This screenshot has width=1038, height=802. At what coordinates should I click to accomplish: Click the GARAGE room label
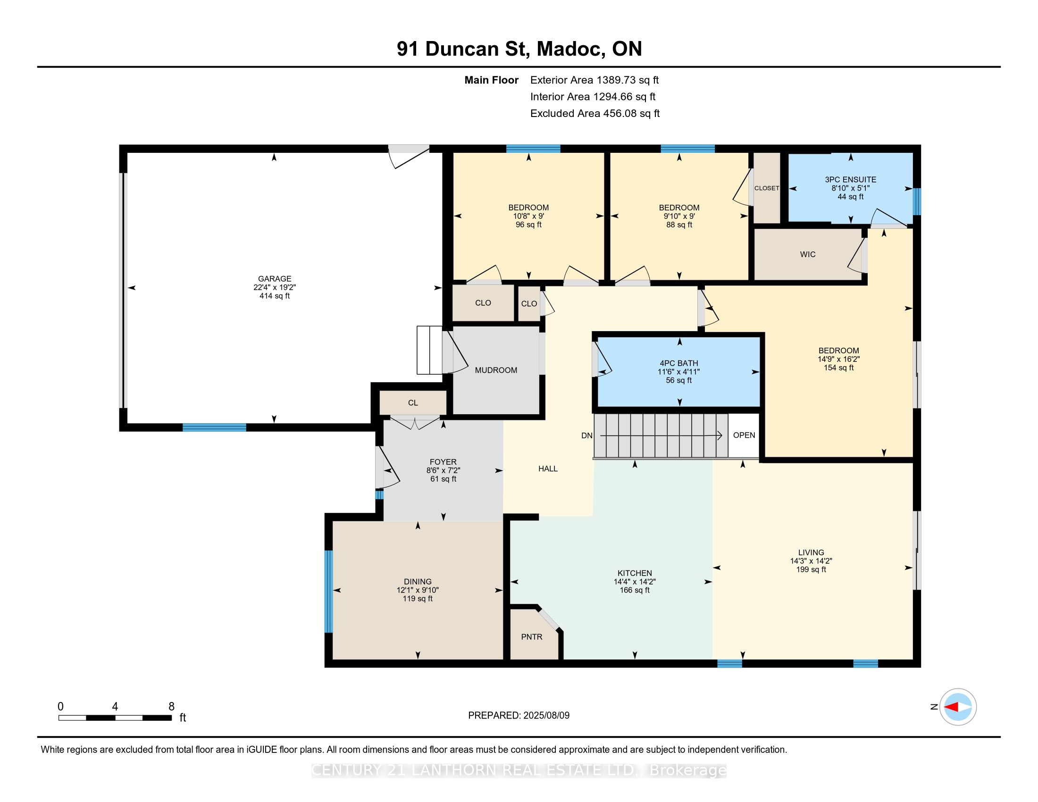(x=275, y=279)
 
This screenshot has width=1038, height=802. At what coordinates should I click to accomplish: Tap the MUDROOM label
(x=496, y=370)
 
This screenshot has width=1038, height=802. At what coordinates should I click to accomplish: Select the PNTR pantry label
(x=531, y=637)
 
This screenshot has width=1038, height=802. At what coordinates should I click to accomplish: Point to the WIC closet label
(x=807, y=254)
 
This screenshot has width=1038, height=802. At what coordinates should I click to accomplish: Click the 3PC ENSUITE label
(x=851, y=180)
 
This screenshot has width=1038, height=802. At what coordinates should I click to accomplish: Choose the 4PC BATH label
(x=679, y=363)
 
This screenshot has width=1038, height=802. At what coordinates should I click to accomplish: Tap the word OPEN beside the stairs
(x=744, y=435)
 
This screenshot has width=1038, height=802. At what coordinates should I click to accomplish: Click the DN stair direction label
(x=587, y=435)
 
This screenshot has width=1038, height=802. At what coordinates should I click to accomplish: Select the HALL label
(x=548, y=468)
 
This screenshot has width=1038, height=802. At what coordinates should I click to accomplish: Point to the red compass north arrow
(x=952, y=707)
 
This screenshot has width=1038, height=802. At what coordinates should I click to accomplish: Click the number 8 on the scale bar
(x=172, y=707)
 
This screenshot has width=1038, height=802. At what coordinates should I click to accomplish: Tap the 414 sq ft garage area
(x=275, y=296)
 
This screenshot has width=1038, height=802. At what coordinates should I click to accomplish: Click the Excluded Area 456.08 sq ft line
(x=595, y=114)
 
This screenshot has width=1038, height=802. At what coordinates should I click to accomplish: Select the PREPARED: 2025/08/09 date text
(x=519, y=716)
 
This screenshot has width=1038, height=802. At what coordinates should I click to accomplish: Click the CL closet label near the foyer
(x=413, y=403)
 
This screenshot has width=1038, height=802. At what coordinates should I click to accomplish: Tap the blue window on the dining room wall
(x=328, y=592)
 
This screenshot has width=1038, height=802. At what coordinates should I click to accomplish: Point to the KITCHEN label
(x=635, y=574)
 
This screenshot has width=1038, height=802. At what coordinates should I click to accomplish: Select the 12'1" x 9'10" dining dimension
(x=418, y=590)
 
